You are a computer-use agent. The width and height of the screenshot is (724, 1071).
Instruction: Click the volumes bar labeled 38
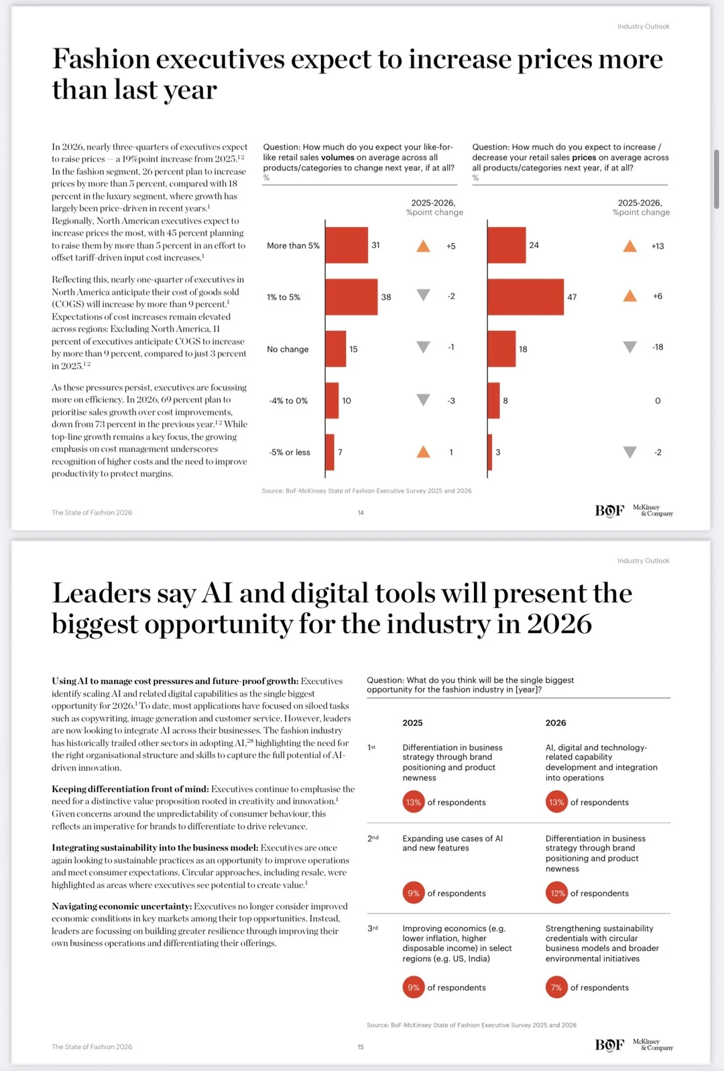pyautogui.click(x=351, y=297)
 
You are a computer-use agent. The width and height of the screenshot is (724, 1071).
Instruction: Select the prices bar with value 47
pyautogui.click(x=526, y=297)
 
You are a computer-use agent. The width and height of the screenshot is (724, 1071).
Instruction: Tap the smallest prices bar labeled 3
pyautogui.click(x=490, y=452)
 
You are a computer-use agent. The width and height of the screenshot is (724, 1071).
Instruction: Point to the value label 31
pyautogui.click(x=375, y=245)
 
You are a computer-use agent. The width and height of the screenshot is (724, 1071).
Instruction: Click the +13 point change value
pyautogui.click(x=658, y=246)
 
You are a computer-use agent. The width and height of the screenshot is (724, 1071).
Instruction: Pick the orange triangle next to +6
pyautogui.click(x=630, y=295)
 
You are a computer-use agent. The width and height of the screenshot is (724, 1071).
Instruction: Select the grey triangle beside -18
pyautogui.click(x=630, y=347)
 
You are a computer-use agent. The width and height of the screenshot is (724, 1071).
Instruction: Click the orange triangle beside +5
pyautogui.click(x=423, y=246)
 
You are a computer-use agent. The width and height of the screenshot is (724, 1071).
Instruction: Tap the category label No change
pyautogui.click(x=288, y=349)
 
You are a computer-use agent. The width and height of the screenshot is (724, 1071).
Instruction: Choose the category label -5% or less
pyautogui.click(x=290, y=452)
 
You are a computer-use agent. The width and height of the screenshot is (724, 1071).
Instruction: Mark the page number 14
pyautogui.click(x=361, y=512)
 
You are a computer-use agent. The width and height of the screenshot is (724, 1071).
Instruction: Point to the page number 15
pyautogui.click(x=361, y=1047)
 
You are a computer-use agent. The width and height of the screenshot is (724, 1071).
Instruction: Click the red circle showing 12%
pyautogui.click(x=556, y=893)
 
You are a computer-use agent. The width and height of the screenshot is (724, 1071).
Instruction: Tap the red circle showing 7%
pyautogui.click(x=556, y=987)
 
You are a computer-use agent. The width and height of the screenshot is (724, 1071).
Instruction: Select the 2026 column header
pyautogui.click(x=556, y=723)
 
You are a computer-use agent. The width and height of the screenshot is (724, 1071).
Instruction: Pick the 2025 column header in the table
pyautogui.click(x=412, y=723)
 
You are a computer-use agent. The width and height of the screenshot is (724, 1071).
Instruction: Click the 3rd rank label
pyautogui.click(x=373, y=928)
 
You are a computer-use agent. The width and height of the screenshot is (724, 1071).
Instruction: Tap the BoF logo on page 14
pyautogui.click(x=609, y=511)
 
